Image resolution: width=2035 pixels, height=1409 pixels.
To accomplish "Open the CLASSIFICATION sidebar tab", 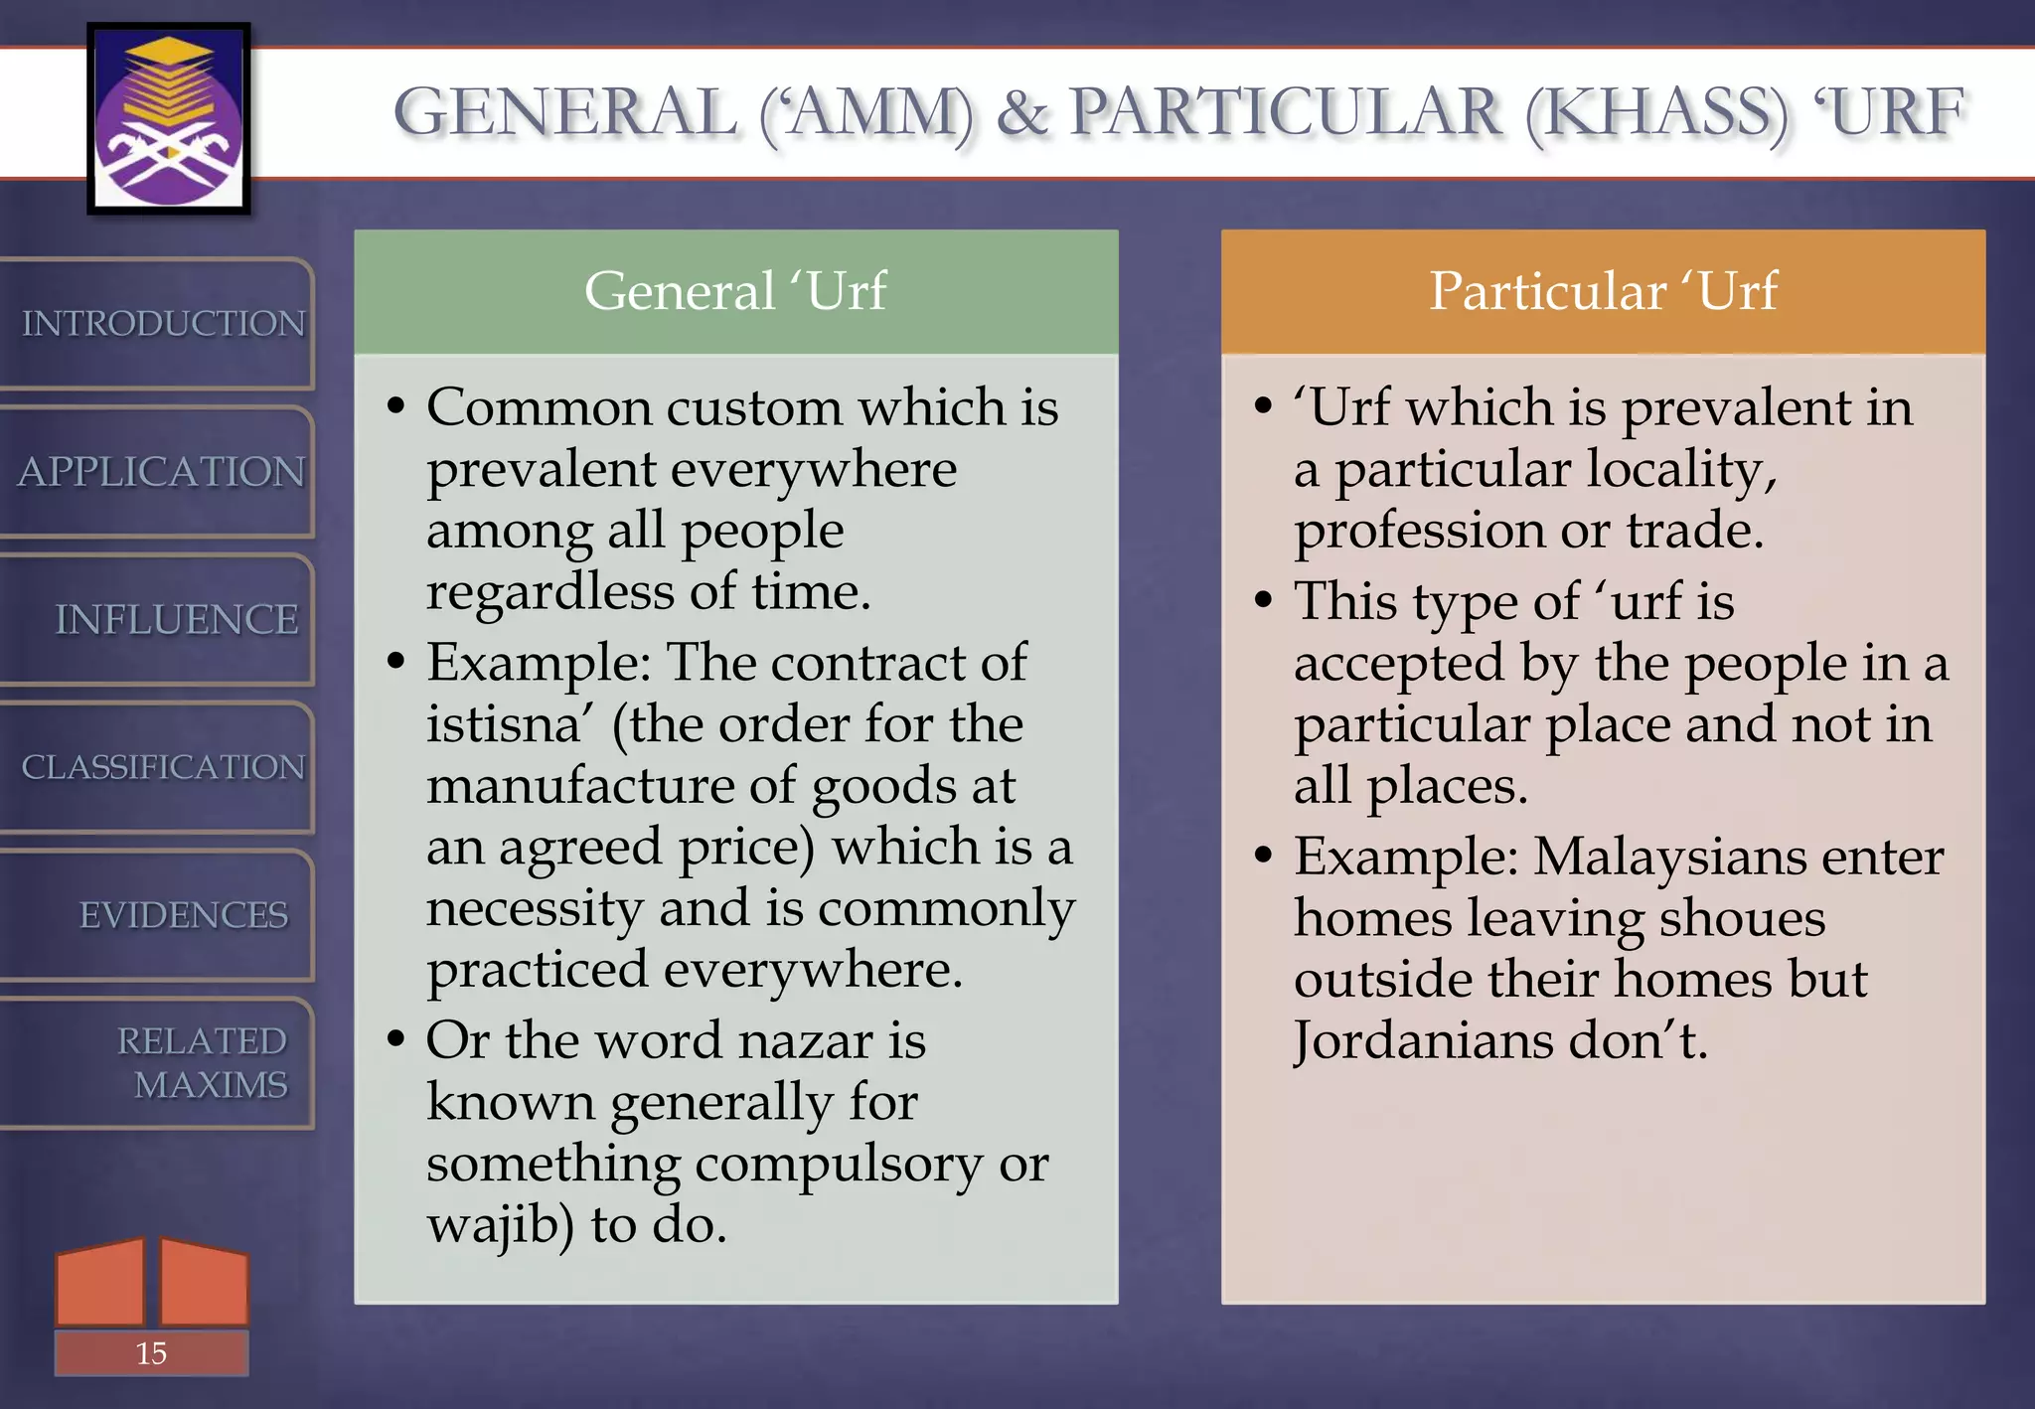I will pos(161,767).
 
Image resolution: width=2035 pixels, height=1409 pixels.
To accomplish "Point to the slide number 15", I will pos(151,1353).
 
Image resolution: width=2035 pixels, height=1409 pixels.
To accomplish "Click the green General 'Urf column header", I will pos(735,291).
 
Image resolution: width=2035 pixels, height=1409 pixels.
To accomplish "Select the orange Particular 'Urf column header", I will pos(1603,291).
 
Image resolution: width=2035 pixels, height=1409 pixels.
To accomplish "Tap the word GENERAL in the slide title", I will pos(566,111).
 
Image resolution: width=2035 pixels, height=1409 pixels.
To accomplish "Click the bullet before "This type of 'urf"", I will pos(1263,600).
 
